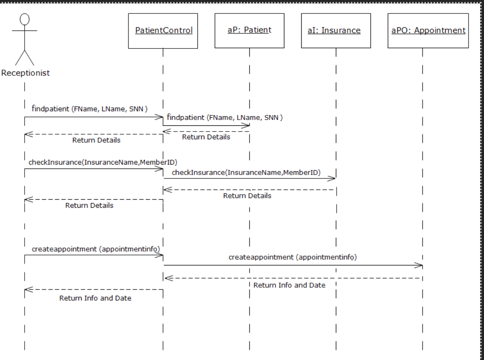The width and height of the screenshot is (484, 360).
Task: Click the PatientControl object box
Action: coord(163,31)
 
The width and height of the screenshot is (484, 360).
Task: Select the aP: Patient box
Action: coord(249,31)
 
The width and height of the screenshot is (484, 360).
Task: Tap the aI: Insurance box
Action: coord(335,31)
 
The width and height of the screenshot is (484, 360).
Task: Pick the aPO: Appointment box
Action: coord(428,31)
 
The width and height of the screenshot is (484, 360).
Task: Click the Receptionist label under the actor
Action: coord(25,73)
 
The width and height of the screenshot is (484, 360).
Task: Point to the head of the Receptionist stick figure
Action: coord(25,19)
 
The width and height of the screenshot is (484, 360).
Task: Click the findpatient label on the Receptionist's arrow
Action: coord(89,109)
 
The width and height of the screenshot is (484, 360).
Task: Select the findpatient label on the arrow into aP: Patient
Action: coord(225,118)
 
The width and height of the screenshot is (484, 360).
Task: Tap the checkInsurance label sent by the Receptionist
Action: coord(103,163)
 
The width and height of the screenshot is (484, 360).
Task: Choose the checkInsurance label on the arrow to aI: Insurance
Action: coord(246,172)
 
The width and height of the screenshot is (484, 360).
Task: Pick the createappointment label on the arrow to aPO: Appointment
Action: coord(292,257)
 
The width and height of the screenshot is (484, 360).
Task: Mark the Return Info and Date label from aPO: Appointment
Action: coord(289,285)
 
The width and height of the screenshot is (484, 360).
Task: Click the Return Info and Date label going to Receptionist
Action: coord(95,298)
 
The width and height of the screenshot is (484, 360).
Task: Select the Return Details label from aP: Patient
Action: coord(206,137)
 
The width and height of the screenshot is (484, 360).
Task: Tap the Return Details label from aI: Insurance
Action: coord(247,196)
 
